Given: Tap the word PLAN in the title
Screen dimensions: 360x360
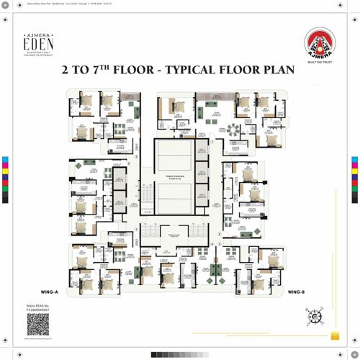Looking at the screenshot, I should pos(276,71).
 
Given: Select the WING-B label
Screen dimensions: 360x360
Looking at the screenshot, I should pos(296,292).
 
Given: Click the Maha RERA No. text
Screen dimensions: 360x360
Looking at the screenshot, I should pos(38,307).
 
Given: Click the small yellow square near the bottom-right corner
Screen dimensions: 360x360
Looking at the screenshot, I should pos(335,336).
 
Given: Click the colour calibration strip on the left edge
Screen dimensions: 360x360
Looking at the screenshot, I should pos(5,179).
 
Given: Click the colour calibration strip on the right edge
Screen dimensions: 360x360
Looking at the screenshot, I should pos(354,179).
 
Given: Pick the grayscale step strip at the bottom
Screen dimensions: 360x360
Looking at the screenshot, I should pos(179,354).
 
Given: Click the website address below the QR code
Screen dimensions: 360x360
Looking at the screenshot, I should pos(38,339).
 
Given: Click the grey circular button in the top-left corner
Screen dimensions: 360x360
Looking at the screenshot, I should pos(6,6).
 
